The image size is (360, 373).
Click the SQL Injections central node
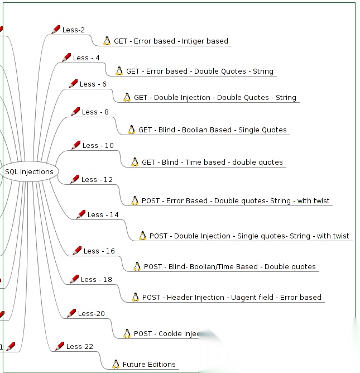click(29, 172)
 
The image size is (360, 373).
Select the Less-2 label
click(74, 30)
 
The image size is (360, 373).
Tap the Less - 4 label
click(87, 58)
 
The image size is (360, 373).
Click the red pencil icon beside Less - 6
click(73, 84)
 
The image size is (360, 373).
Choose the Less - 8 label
click(95, 112)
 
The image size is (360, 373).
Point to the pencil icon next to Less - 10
click(76, 145)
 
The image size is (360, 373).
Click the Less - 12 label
click(97, 179)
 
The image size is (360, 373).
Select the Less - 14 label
click(103, 214)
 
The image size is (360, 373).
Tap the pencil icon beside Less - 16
click(77, 251)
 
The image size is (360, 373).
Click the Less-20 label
click(92, 313)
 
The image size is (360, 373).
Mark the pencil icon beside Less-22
click(60, 346)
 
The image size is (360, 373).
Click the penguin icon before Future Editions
click(116, 365)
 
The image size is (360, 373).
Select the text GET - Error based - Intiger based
click(171, 41)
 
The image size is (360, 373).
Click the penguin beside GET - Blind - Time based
click(135, 162)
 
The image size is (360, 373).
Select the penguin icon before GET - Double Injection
click(127, 97)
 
